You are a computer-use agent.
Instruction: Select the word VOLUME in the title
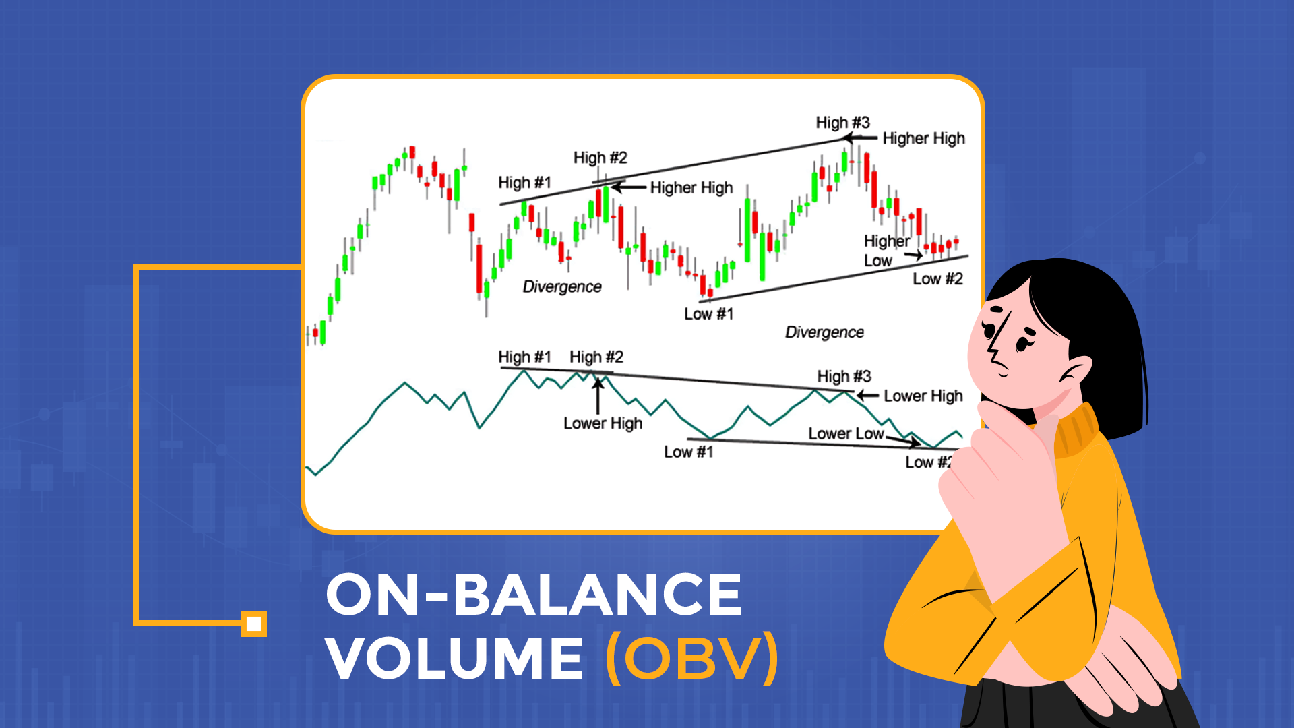click(x=455, y=658)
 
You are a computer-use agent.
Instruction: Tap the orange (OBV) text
click(x=693, y=658)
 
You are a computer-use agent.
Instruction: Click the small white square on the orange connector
click(x=254, y=624)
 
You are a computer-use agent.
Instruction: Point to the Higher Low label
click(x=886, y=251)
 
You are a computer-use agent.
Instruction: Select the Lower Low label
click(x=846, y=433)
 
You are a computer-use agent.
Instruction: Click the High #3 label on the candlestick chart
click(x=842, y=123)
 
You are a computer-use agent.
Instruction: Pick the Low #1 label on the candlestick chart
click(x=708, y=314)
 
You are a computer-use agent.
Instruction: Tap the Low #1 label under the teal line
click(x=688, y=452)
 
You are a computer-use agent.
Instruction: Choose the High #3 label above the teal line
click(x=844, y=376)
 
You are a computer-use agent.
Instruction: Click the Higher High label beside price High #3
click(x=923, y=138)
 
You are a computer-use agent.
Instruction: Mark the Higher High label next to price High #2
click(x=691, y=187)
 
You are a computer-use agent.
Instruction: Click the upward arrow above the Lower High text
click(x=597, y=394)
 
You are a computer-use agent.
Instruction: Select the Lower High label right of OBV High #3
click(x=923, y=396)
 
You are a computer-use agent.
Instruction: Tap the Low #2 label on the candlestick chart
click(x=937, y=279)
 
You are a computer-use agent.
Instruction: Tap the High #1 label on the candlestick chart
click(x=524, y=183)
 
